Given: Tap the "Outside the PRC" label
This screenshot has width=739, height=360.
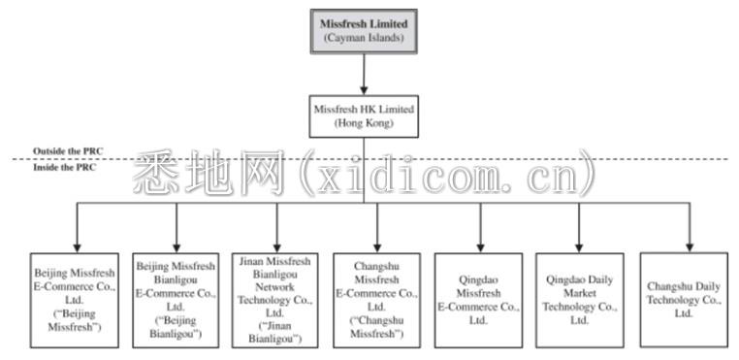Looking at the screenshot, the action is [x=68, y=151].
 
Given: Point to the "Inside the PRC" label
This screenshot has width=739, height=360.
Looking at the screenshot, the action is [x=65, y=167].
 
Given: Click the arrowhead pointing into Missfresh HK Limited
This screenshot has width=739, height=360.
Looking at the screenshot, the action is [x=364, y=90].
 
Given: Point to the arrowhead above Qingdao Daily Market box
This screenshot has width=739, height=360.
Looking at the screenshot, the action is [x=579, y=247].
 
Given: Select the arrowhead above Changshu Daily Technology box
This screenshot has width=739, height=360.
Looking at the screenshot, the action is [x=690, y=247].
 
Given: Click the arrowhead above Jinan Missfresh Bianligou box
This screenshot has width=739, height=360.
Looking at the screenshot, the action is [x=277, y=247].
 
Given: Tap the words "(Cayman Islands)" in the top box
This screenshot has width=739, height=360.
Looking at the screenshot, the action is [x=364, y=38].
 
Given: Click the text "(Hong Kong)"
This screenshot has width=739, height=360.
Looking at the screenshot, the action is [x=364, y=123].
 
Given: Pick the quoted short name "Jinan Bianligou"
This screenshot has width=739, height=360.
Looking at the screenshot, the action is [x=276, y=332].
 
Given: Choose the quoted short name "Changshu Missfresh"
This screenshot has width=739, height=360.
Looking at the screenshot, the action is [x=376, y=327].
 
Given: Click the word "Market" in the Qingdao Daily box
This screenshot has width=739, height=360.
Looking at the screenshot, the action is [x=580, y=293].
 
